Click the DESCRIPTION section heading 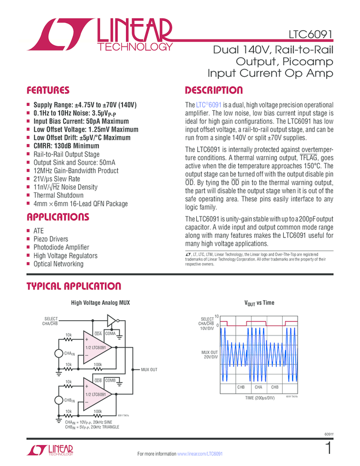214,90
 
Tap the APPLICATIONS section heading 58,217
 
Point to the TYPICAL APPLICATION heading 73,286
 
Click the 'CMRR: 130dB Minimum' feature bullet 66,146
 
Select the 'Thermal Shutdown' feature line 58,195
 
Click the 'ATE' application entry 38,231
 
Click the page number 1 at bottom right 328,448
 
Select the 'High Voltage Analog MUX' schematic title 101,303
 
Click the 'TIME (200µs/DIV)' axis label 259,397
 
